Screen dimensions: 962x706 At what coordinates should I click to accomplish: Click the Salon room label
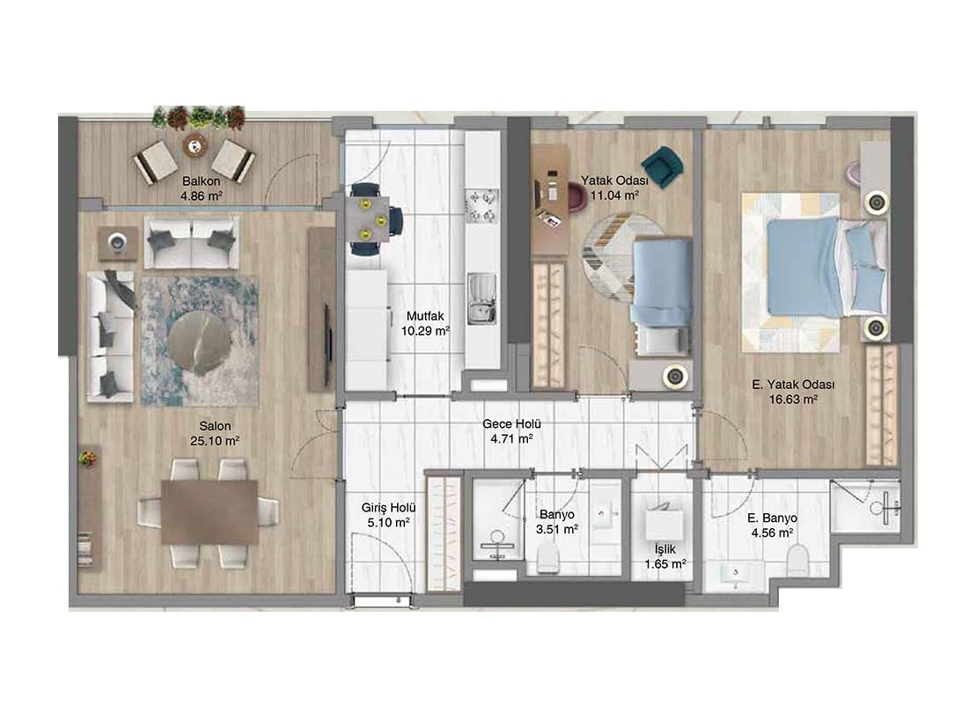(x=215, y=426)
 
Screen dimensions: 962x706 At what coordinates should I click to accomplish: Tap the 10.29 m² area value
(x=425, y=331)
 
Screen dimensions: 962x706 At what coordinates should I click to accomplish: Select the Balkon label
(x=202, y=181)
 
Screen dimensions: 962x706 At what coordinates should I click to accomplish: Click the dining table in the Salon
(x=209, y=511)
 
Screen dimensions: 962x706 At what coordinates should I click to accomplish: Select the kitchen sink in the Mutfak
(x=482, y=298)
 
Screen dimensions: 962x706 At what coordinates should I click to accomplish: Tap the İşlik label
(x=665, y=549)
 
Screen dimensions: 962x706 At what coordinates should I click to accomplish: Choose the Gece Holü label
(x=511, y=423)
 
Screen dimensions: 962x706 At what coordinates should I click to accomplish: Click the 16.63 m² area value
(x=794, y=400)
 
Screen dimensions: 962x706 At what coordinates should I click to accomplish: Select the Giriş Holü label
(x=388, y=508)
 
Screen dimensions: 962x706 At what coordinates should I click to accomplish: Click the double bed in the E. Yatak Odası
(x=815, y=268)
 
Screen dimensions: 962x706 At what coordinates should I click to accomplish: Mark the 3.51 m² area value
(x=556, y=529)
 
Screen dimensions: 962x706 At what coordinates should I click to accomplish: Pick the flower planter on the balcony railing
(x=199, y=116)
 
